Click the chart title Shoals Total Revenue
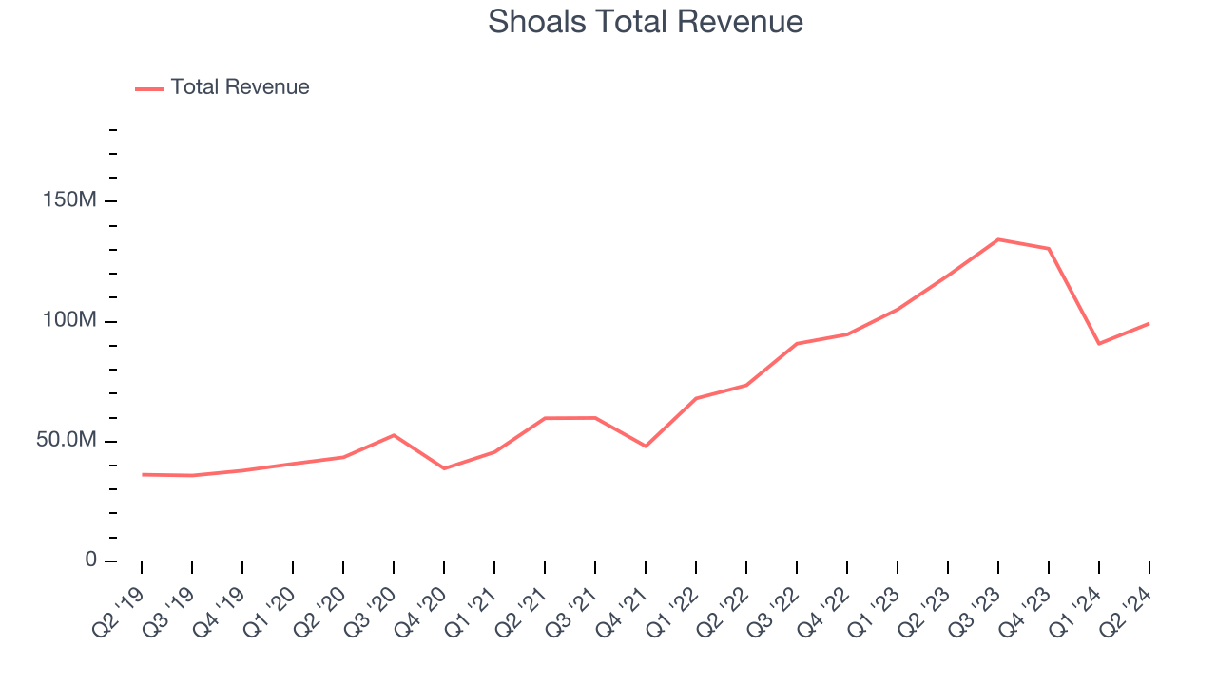(646, 22)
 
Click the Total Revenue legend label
(240, 87)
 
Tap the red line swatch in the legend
(149, 88)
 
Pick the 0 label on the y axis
(91, 560)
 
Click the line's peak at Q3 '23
(998, 239)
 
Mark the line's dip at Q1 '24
(1099, 343)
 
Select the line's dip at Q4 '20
(444, 468)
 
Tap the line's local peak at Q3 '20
(394, 435)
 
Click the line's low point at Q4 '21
(646, 446)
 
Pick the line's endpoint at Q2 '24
(1149, 324)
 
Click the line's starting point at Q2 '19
(143, 474)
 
